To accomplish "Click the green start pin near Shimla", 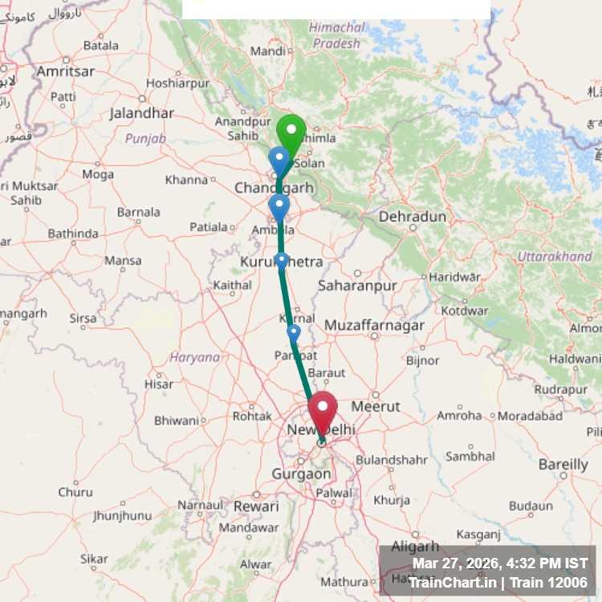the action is [291, 132].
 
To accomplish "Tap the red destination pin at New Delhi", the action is [323, 409].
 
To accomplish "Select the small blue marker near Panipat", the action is [294, 332].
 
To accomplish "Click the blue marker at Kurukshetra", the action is [282, 260].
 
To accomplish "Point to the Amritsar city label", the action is [66, 71].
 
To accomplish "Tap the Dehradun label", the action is [413, 217].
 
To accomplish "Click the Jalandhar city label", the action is [141, 113].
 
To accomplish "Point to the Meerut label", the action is [376, 406].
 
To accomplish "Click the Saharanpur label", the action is [358, 285].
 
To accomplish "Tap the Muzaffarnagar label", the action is [375, 326].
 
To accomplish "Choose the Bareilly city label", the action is [563, 464].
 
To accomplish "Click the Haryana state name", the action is [195, 357].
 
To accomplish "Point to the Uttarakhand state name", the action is [555, 257].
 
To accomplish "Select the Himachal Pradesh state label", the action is [336, 35].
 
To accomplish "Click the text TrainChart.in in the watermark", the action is [452, 582].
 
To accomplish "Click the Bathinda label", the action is [72, 234].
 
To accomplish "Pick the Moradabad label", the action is [531, 416].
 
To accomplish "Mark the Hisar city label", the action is [159, 384].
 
